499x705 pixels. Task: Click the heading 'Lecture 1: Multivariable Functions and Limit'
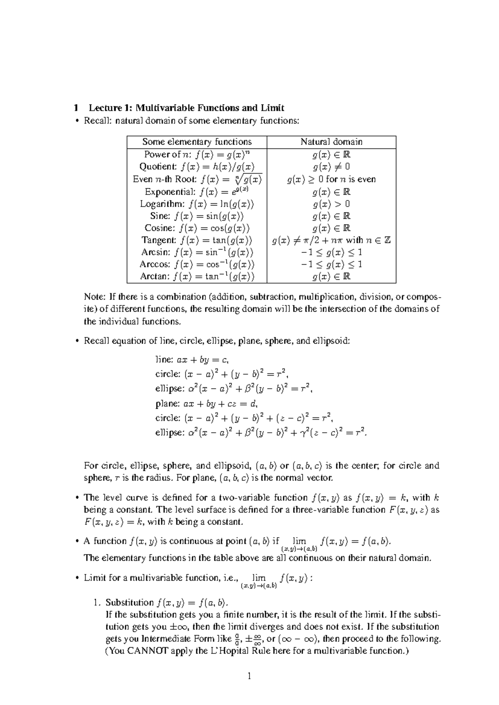click(186, 108)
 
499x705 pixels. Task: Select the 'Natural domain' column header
click(331, 142)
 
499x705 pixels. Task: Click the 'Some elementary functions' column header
click(197, 142)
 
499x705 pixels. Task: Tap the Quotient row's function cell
click(197, 167)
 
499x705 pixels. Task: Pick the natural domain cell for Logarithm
click(331, 204)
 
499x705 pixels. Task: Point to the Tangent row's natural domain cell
click(331, 240)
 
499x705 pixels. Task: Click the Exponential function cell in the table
click(197, 192)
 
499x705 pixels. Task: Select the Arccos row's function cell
click(197, 264)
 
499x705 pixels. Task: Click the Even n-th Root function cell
click(197, 179)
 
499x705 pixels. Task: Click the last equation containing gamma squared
click(261, 432)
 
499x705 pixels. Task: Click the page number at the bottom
click(249, 676)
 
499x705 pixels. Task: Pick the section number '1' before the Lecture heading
click(76, 108)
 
